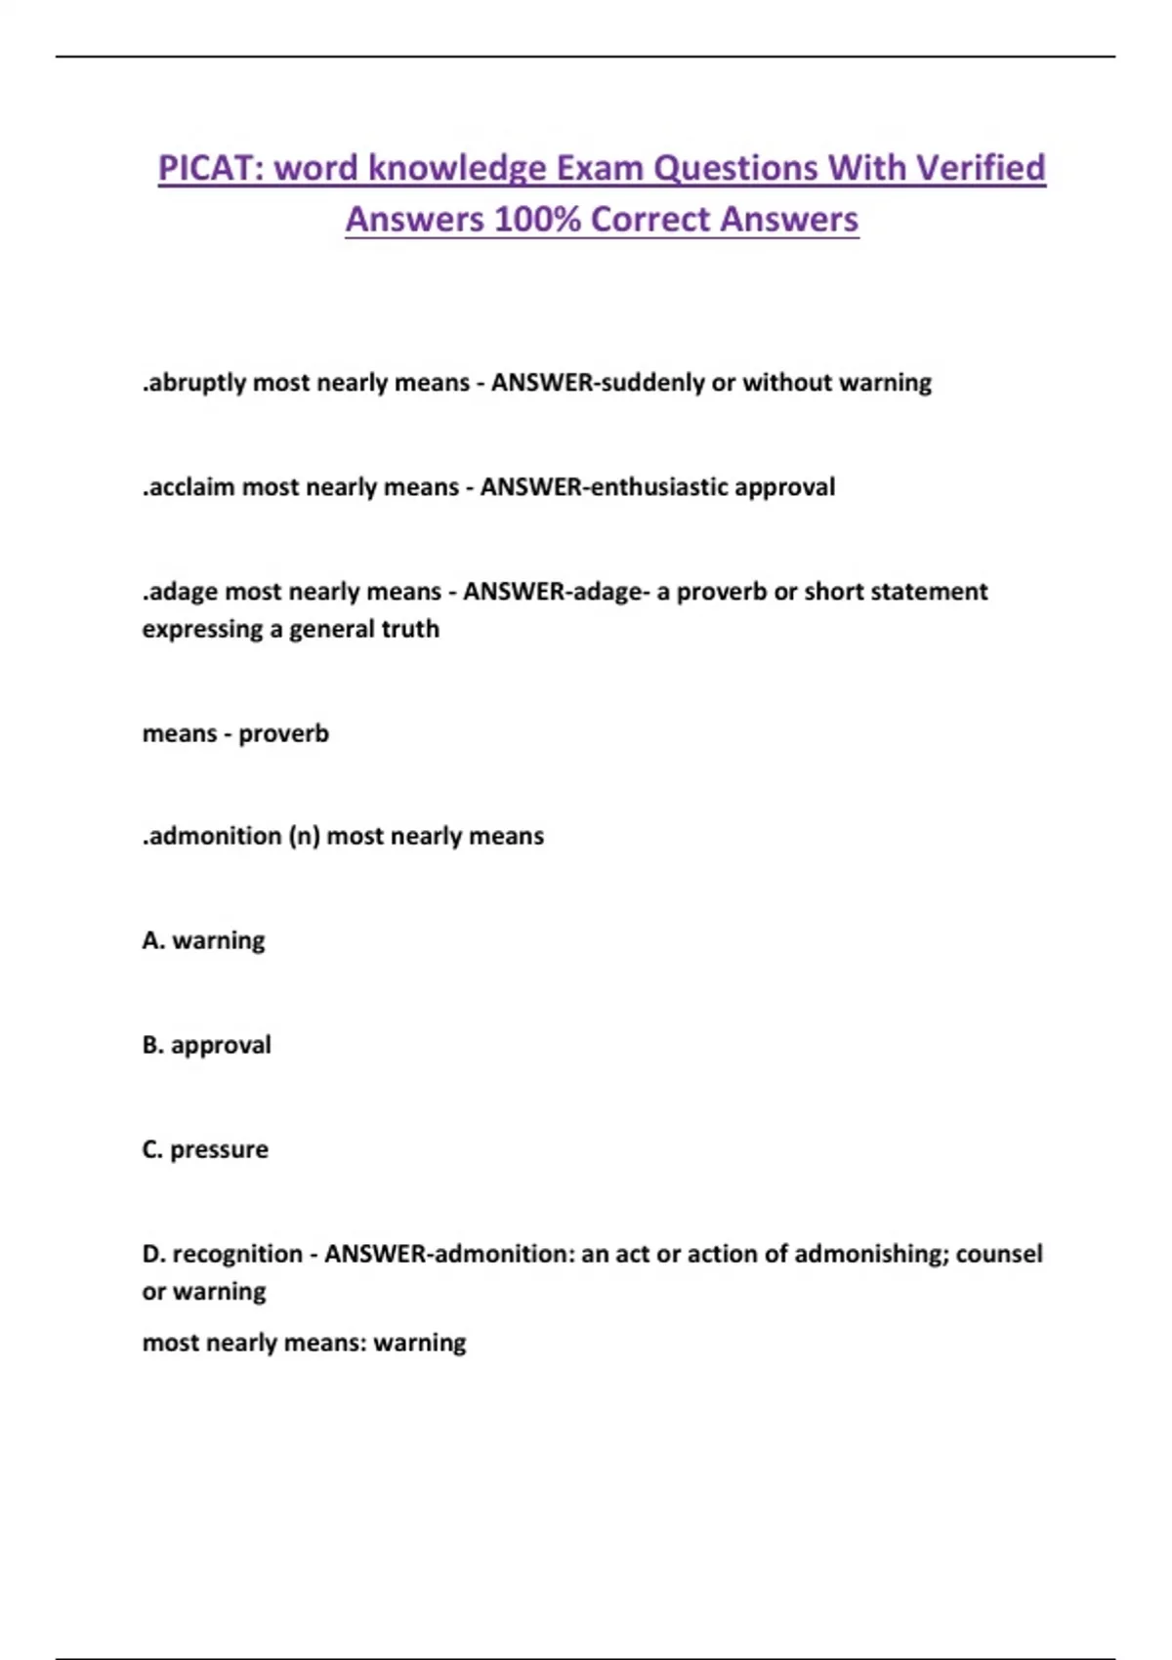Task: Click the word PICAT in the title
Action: pos(206,168)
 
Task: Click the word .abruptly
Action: pos(193,383)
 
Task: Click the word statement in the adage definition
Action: pos(932,592)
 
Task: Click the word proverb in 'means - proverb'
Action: pos(283,733)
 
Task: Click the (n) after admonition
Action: pos(304,836)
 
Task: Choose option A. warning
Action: pos(203,940)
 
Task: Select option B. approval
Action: pos(206,1045)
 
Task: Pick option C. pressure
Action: pos(204,1149)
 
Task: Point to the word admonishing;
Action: pos(871,1254)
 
